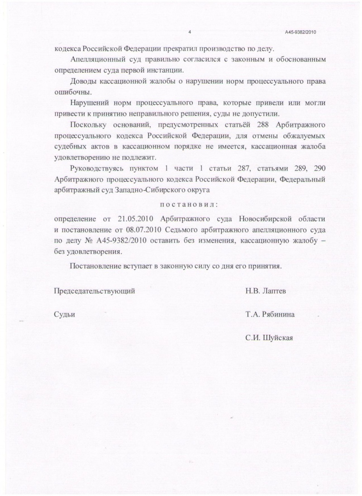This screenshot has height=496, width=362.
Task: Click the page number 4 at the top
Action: [x=190, y=32]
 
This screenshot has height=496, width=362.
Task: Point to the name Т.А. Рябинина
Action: [x=270, y=315]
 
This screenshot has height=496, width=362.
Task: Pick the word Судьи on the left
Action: [x=64, y=315]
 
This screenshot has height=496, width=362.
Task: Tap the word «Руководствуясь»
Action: [x=97, y=169]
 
